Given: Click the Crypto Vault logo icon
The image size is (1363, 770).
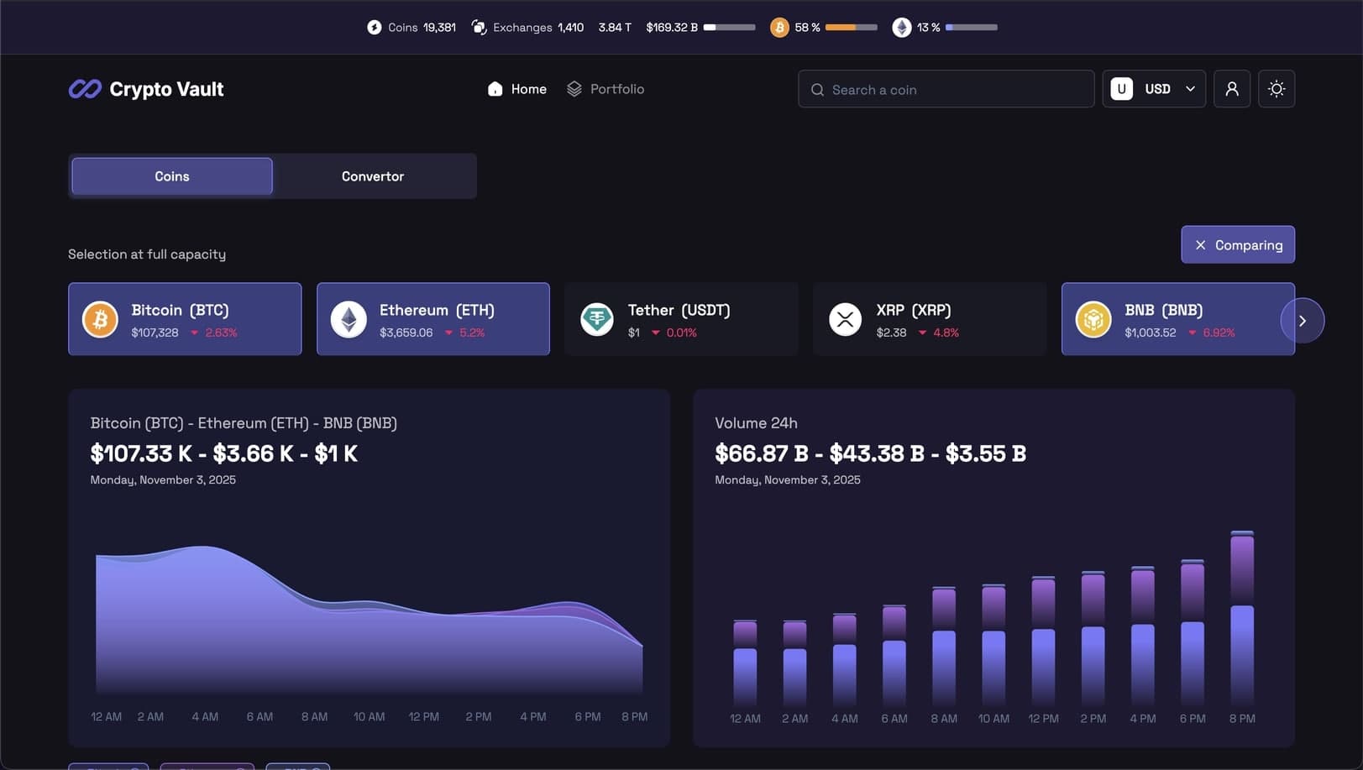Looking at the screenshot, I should click(x=85, y=89).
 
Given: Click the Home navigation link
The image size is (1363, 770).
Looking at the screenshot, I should click(x=517, y=89).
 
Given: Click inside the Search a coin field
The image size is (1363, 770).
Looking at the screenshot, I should click(x=946, y=90).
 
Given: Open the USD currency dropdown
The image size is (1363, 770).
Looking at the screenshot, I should click(x=1154, y=89).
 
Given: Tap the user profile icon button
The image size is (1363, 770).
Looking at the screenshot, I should click(x=1232, y=89).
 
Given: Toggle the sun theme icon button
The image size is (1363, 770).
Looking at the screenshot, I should click(x=1277, y=89).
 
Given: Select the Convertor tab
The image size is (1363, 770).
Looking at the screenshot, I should click(x=373, y=176).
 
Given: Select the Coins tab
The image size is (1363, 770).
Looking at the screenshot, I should click(x=172, y=176).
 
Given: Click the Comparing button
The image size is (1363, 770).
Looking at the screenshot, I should click(x=1238, y=245).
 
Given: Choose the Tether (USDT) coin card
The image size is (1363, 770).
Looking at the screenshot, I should click(x=681, y=319).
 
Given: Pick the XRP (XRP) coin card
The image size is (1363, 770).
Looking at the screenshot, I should click(x=929, y=319).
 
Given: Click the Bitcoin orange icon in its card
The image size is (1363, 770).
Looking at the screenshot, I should click(x=100, y=320).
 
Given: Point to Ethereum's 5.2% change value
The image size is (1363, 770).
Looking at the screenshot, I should click(x=472, y=333).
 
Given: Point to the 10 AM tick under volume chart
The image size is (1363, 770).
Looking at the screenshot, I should click(x=993, y=719).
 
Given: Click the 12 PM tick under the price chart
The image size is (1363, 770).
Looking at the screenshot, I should click(x=424, y=717).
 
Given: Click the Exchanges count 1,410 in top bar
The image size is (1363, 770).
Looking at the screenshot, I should click(x=570, y=28).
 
